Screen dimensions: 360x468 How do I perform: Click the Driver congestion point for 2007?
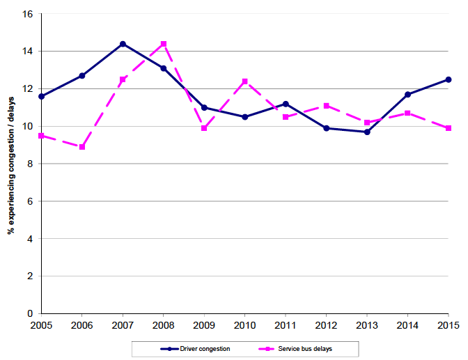coord(123,44)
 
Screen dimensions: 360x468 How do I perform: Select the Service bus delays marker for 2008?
coord(164,44)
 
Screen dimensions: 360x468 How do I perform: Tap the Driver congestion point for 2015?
coord(448,79)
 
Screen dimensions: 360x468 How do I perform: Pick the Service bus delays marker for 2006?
coord(82,147)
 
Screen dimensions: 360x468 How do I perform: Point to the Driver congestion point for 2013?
coord(366,132)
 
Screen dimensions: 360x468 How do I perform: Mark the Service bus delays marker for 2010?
coord(244,81)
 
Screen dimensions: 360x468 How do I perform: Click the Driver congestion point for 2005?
coord(42,96)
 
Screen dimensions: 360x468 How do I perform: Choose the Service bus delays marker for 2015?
coord(448,128)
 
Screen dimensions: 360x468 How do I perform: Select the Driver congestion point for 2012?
coord(326,128)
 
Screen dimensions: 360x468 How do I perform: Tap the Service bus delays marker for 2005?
coord(42,136)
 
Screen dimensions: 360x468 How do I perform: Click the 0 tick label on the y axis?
coord(31,314)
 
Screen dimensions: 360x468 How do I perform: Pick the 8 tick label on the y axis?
coord(31,164)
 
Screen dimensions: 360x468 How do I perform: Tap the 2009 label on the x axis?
coord(204,324)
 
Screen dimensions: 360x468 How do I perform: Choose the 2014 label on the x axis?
coord(407,324)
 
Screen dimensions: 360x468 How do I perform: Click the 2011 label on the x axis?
coord(286,324)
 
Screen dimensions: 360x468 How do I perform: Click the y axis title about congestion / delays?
coord(11,164)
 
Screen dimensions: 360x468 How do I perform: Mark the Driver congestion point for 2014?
coord(407,94)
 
